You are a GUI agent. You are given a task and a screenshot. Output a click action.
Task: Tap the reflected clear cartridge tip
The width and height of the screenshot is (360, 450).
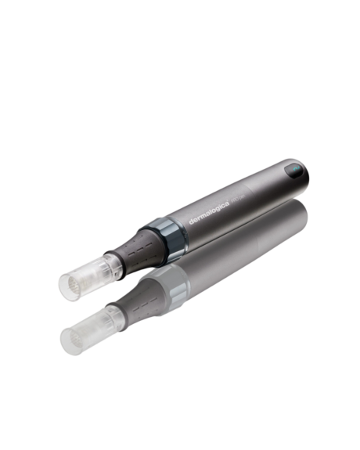86,333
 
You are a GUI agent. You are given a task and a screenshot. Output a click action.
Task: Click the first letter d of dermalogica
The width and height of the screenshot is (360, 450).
191,221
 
